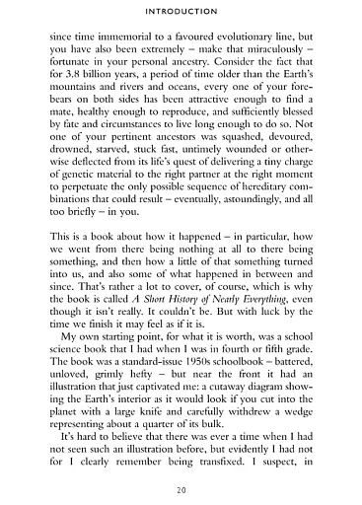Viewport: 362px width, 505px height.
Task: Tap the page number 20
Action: coord(181,489)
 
